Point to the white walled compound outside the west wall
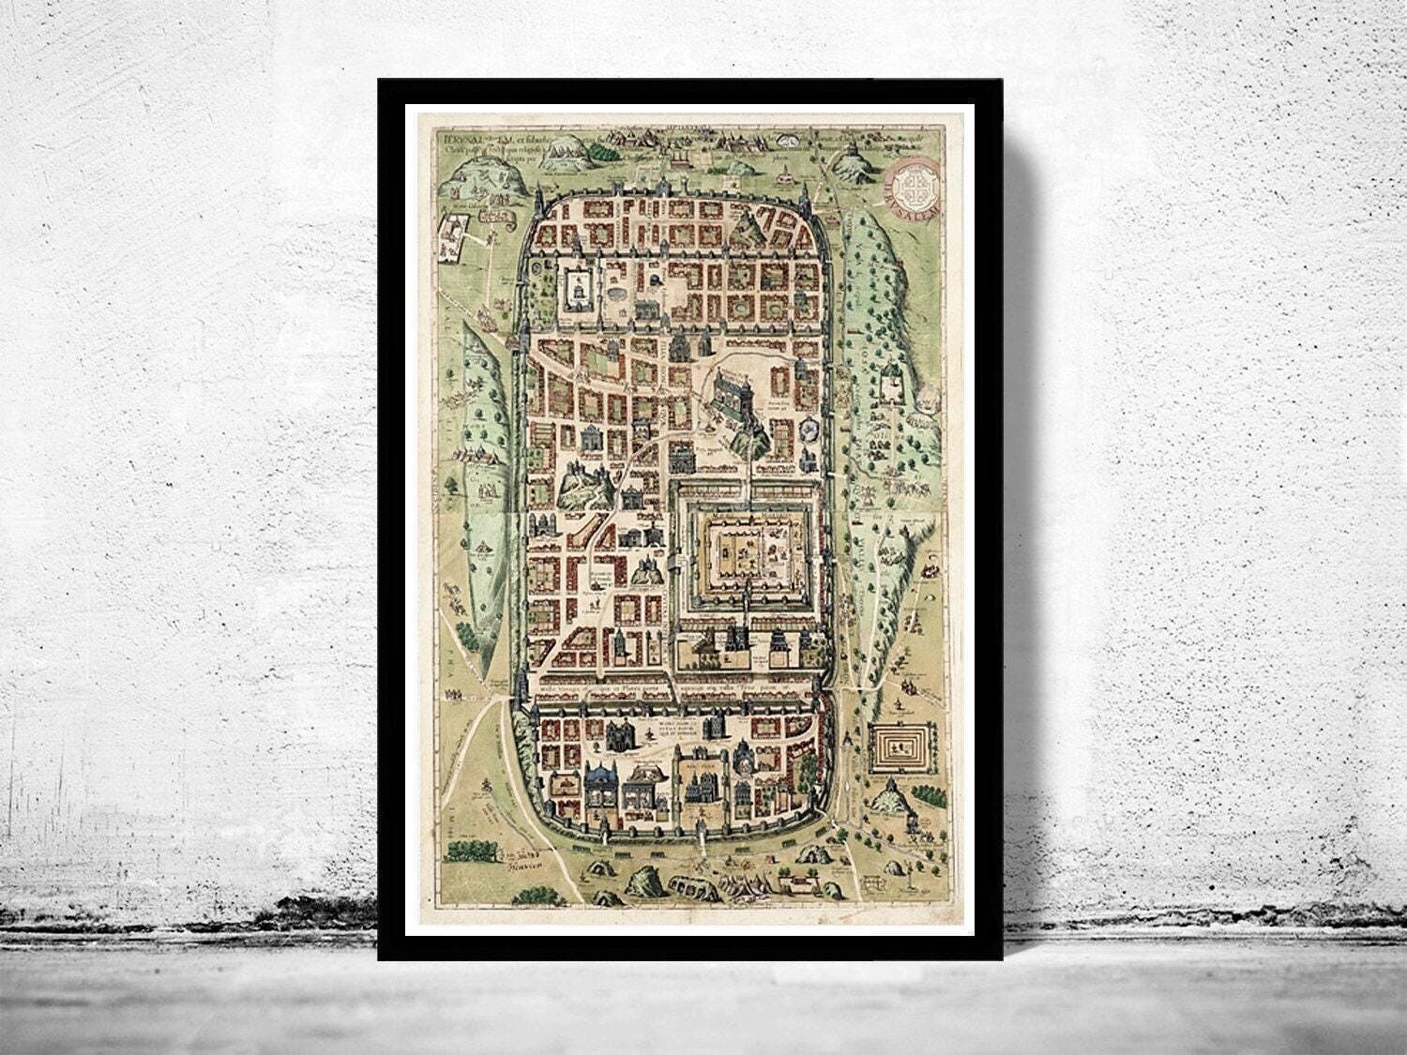coord(454,237)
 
